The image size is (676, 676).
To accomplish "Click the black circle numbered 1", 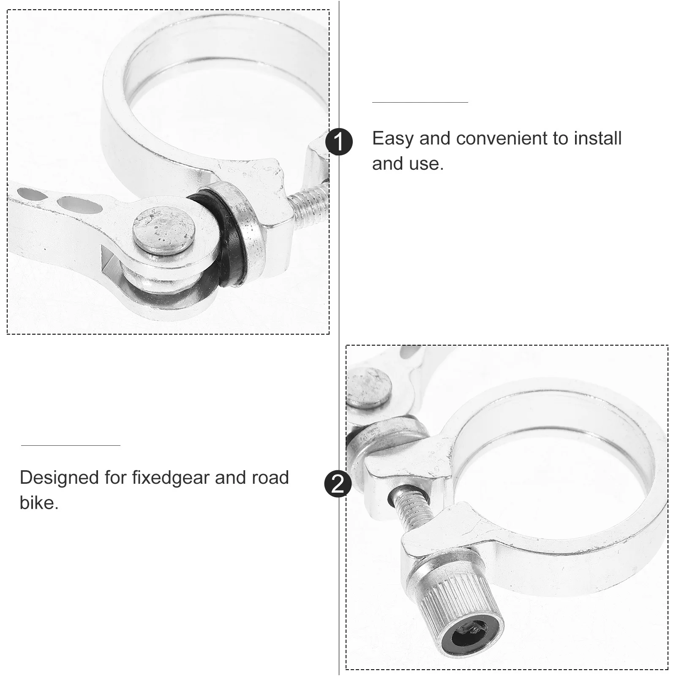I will (339, 142).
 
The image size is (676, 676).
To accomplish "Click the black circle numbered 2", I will (338, 485).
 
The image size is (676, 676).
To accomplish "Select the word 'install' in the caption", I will (597, 139).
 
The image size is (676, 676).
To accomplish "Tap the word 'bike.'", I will (39, 503).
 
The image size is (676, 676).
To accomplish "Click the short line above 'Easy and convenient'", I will (420, 102).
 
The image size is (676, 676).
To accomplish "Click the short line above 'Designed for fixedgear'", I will (71, 445).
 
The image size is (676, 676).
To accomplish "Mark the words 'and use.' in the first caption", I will (408, 164).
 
